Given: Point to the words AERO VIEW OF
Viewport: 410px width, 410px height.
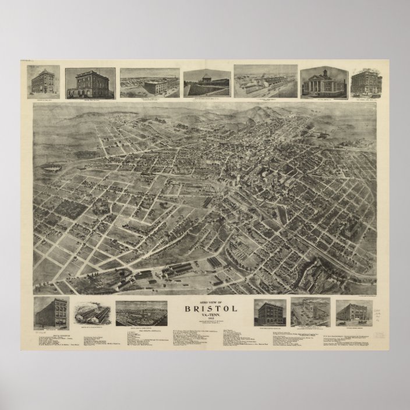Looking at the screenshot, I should pos(204,300).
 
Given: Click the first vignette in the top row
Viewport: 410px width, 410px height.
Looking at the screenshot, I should pos(43,82).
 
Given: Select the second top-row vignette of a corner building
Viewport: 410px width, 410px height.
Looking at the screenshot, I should pos(90,84).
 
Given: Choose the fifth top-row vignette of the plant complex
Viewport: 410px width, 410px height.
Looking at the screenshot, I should pos(265,82).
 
